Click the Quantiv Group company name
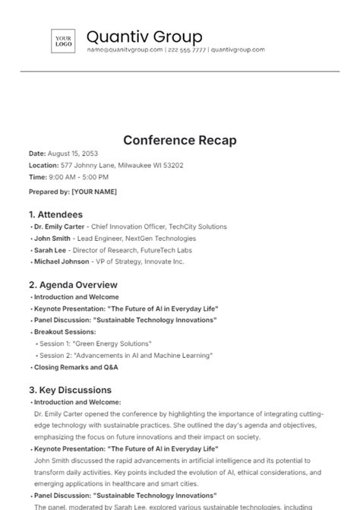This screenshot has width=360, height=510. pyautogui.click(x=144, y=36)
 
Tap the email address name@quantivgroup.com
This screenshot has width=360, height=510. pyautogui.click(x=125, y=50)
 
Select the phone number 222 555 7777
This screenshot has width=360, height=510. pyautogui.click(x=187, y=50)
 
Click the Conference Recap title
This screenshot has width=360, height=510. pyautogui.click(x=180, y=141)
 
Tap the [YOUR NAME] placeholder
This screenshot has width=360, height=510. pyautogui.click(x=94, y=192)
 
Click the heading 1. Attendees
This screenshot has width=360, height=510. pyautogui.click(x=55, y=214)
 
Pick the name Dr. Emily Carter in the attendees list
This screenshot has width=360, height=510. pyautogui.click(x=58, y=227)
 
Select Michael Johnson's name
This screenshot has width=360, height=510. pyautogui.click(x=61, y=261)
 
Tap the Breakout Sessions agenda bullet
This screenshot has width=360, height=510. pyautogui.click(x=65, y=332)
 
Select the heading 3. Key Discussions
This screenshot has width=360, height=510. pyautogui.click(x=70, y=390)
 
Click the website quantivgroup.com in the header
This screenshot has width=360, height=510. pyautogui.click(x=238, y=50)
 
